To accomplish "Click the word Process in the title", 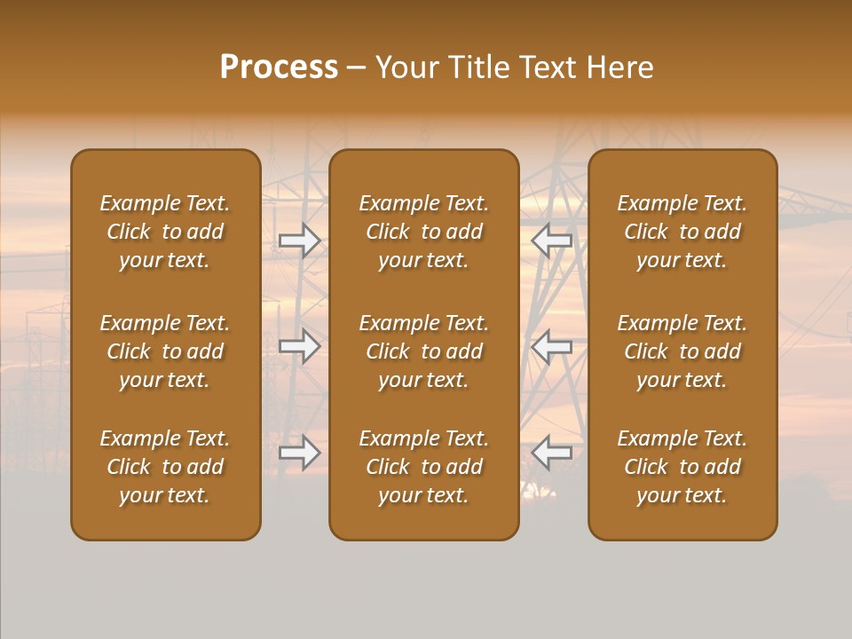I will point(279,67).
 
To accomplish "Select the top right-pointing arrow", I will point(300,240).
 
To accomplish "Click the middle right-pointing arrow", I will point(300,346).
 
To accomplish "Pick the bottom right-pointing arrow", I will point(300,453).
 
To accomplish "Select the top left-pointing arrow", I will point(551,240).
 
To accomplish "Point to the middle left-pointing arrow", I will point(551,346).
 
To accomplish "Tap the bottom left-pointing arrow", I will point(551,453).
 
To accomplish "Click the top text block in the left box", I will point(165,232).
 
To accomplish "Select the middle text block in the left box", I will point(165,351).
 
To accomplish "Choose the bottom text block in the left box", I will point(165,467).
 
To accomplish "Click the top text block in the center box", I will point(423,232).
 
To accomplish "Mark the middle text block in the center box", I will point(423,351).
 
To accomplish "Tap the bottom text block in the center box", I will point(423,467).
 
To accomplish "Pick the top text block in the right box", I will point(682,232).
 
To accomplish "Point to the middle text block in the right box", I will point(682,351).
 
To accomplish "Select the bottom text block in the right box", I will point(682,467).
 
